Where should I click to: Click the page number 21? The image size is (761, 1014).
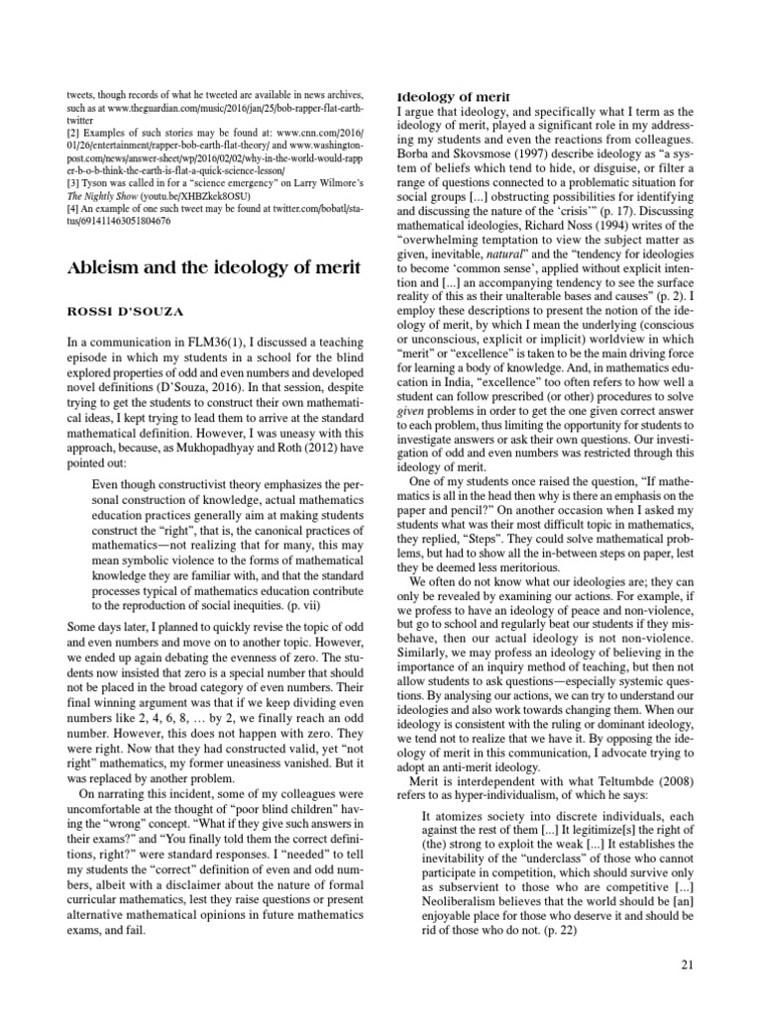pos(691,964)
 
